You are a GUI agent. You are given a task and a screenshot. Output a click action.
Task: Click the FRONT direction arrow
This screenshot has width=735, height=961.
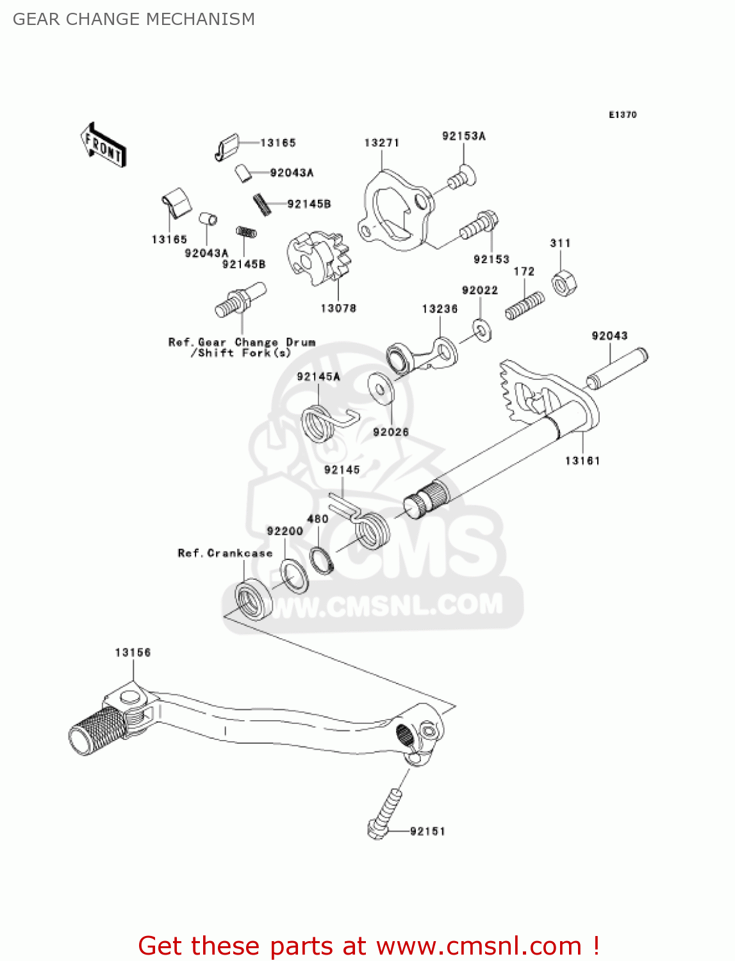point(103,145)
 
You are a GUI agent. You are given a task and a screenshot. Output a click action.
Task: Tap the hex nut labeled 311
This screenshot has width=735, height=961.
point(563,281)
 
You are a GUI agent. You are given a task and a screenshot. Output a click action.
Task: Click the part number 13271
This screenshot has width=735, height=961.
point(382,143)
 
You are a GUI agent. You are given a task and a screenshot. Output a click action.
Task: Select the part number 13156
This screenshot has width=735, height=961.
point(133,653)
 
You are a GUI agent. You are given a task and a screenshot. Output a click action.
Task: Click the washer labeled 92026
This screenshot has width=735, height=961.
point(381,390)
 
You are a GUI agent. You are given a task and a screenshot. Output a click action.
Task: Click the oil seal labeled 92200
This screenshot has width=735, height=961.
point(294,575)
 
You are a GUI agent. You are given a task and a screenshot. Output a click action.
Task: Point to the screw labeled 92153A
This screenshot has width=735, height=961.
point(461,177)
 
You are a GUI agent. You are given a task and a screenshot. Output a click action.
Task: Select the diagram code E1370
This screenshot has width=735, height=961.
point(622,115)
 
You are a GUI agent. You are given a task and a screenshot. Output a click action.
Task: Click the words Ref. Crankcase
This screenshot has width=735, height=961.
point(225,553)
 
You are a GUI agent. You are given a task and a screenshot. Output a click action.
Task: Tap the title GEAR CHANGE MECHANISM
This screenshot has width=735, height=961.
point(134,19)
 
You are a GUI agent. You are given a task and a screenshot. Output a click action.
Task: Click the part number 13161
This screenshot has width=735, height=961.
point(582,461)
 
